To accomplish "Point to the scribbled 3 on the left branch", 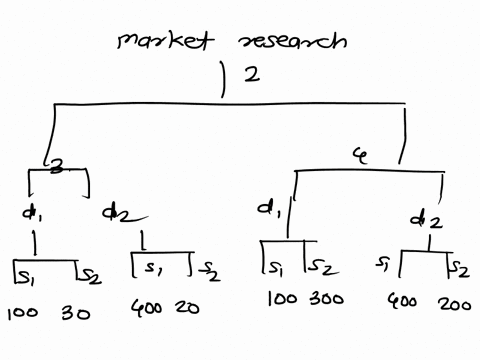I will coord(59,171).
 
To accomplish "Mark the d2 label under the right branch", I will coord(425,219).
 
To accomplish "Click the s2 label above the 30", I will coord(89,272).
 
